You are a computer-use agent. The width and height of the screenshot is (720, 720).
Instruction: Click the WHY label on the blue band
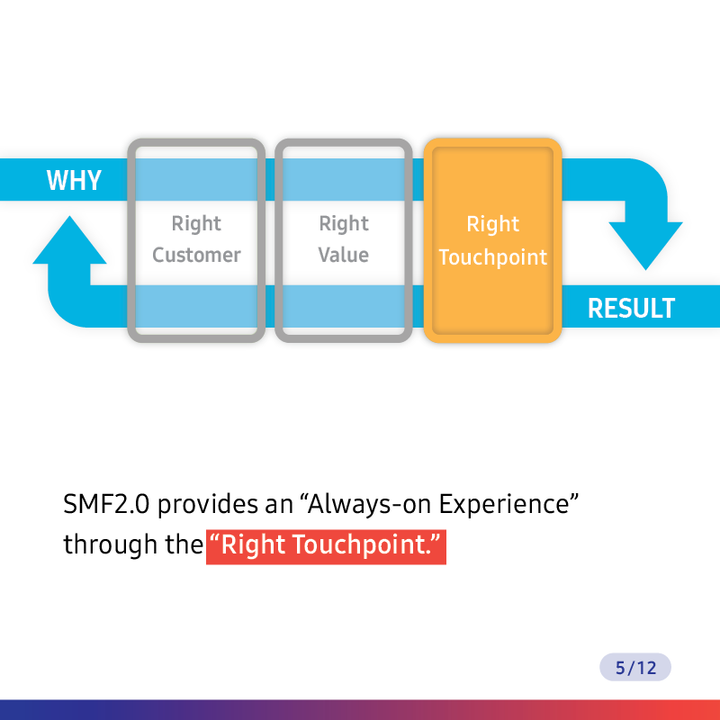pyautogui.click(x=74, y=180)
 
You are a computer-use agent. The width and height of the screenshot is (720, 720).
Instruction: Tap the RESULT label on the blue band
pyautogui.click(x=632, y=308)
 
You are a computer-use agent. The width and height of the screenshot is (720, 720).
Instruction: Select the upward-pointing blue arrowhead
pyautogui.click(x=69, y=239)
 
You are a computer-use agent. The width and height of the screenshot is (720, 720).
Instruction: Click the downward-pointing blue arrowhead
pyautogui.click(x=645, y=246)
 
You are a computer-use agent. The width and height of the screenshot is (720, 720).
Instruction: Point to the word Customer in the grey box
pyautogui.click(x=196, y=255)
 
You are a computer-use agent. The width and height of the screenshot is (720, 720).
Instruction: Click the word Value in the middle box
pyautogui.click(x=344, y=255)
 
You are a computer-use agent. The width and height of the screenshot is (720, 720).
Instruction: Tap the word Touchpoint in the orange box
pyautogui.click(x=492, y=257)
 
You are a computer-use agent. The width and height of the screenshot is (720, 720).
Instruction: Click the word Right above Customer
pyautogui.click(x=196, y=224)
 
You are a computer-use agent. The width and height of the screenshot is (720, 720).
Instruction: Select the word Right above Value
pyautogui.click(x=344, y=224)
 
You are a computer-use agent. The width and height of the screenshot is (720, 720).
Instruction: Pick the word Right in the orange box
pyautogui.click(x=492, y=224)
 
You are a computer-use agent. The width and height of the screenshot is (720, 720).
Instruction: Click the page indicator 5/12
pyautogui.click(x=635, y=667)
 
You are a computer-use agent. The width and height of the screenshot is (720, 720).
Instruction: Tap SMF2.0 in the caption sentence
pyautogui.click(x=106, y=504)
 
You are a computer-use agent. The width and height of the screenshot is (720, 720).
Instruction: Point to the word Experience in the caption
pyautogui.click(x=504, y=505)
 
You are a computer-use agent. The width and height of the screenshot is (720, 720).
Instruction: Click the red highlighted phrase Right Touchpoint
pyautogui.click(x=326, y=547)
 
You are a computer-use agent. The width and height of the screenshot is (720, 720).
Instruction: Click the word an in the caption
pyautogui.click(x=279, y=507)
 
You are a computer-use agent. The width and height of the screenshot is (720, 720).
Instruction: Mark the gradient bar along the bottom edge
pyautogui.click(x=360, y=710)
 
